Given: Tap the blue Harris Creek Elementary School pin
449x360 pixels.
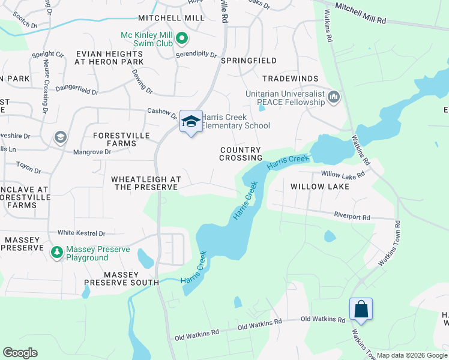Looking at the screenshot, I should tap(191, 122).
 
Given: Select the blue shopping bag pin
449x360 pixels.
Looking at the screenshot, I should tap(361, 310).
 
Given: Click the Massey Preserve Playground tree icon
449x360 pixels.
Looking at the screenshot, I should tap(56, 253).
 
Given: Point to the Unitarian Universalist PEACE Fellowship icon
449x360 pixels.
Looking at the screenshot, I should tap(334, 97).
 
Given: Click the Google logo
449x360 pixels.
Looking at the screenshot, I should tap(20, 353).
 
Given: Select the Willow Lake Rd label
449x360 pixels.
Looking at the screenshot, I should tap(343, 175).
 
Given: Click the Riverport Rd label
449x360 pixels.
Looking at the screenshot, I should tap(352, 214).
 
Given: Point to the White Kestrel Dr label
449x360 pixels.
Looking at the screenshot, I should tap(81, 233).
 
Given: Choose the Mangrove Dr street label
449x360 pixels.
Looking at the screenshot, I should tap(91, 152).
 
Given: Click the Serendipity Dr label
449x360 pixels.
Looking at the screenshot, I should tap(196, 54).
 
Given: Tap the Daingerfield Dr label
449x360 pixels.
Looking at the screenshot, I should tap(76, 89).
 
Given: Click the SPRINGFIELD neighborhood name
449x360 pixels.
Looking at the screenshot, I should tap(249, 61).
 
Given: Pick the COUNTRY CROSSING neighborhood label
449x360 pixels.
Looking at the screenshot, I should tap(240, 154).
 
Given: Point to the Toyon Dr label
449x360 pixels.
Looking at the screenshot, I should tap(28, 170).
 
